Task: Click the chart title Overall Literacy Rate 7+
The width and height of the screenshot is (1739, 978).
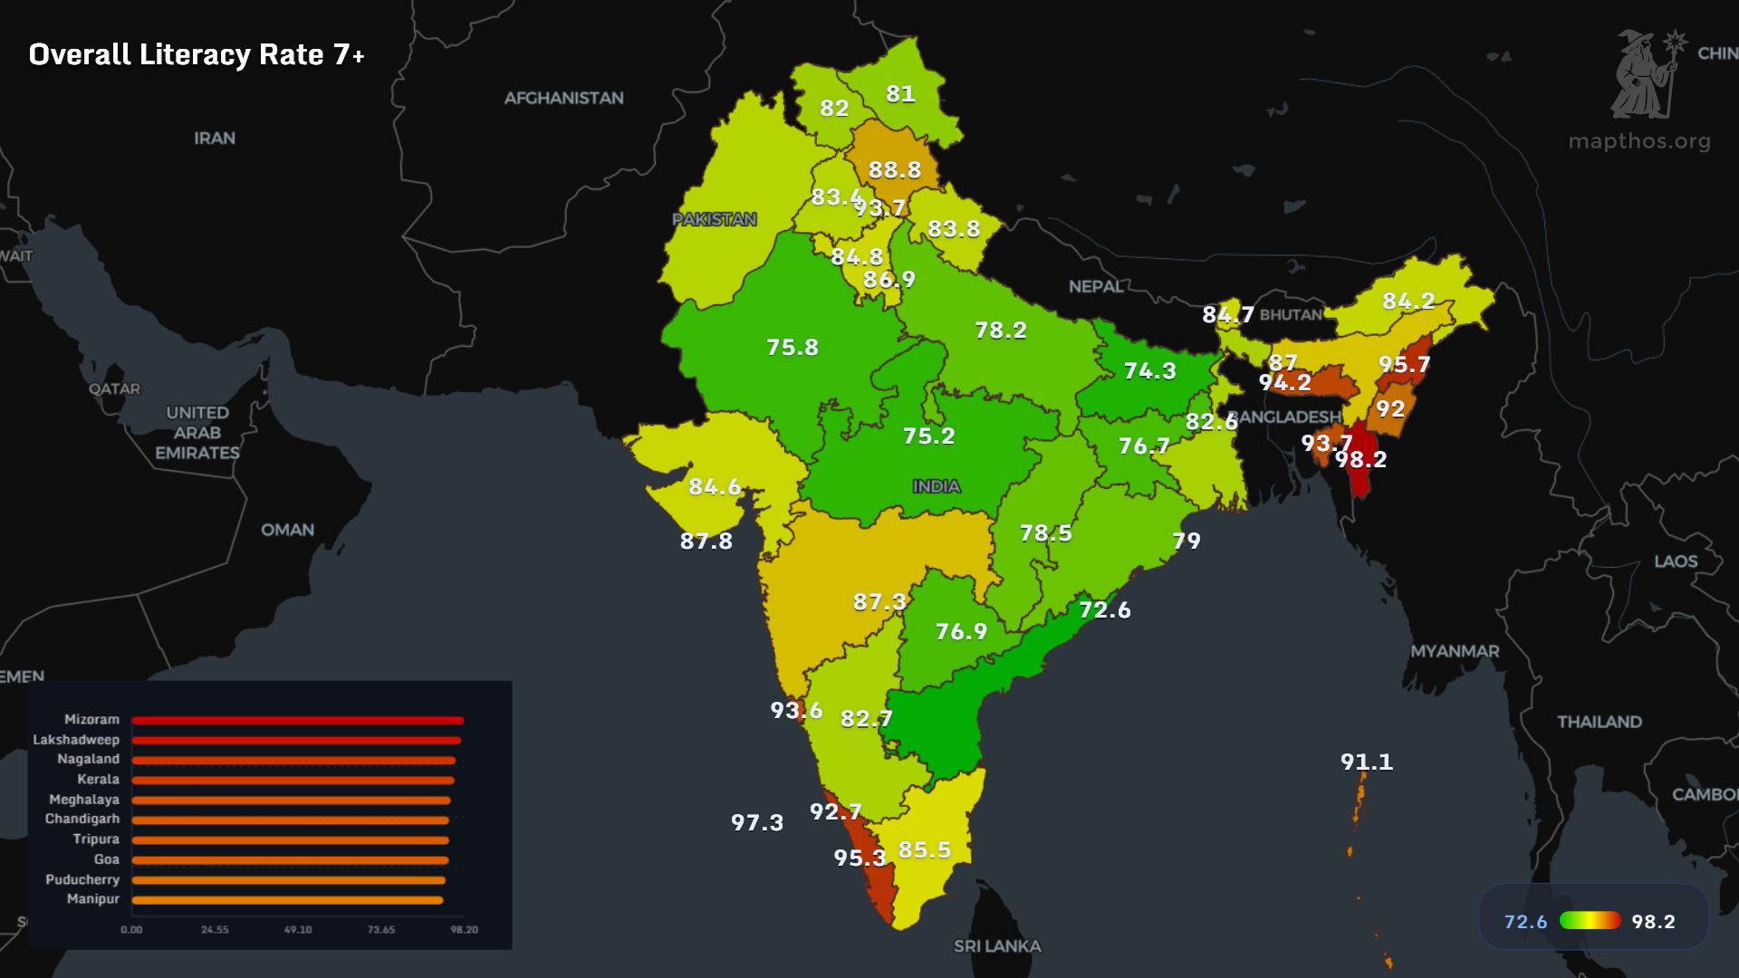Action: click(x=197, y=54)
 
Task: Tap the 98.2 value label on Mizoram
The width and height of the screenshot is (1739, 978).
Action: click(x=1360, y=459)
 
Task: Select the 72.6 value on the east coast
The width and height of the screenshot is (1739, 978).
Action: click(x=1104, y=609)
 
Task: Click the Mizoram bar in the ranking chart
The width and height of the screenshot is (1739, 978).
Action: click(x=297, y=721)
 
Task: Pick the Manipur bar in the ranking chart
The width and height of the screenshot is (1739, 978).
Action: click(x=287, y=900)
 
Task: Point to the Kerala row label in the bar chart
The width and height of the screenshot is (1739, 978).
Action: click(x=98, y=779)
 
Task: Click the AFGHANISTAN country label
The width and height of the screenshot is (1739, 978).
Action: click(x=563, y=98)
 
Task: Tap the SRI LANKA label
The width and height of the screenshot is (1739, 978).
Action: click(x=997, y=946)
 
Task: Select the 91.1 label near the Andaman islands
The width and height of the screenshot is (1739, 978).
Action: click(x=1366, y=762)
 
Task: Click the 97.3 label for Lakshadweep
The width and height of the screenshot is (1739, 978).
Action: click(x=756, y=822)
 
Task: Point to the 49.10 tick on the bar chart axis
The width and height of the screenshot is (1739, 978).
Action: click(x=298, y=930)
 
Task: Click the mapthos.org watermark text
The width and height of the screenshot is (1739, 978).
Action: click(x=1639, y=141)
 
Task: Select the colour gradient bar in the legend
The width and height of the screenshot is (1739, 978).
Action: click(x=1590, y=921)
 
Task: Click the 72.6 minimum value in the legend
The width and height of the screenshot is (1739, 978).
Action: click(x=1525, y=922)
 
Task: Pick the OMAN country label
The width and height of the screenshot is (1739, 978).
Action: click(x=287, y=530)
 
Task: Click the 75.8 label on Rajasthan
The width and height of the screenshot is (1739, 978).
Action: click(x=792, y=347)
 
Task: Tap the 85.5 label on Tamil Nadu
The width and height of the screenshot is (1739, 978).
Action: click(x=924, y=849)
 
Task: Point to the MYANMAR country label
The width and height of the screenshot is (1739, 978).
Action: click(x=1455, y=651)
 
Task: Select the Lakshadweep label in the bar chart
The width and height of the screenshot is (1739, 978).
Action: click(x=76, y=740)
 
